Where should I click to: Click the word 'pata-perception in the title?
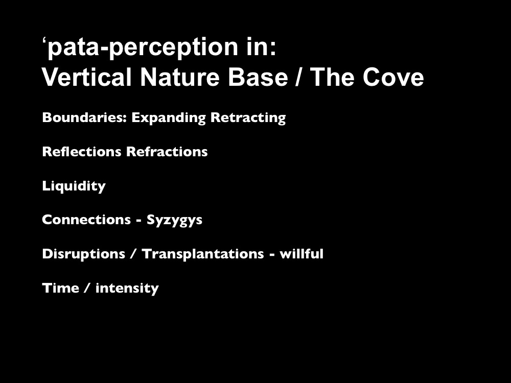(140, 47)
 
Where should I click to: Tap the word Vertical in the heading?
(87, 77)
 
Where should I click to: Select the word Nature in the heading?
(180, 78)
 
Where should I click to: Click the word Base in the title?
(258, 78)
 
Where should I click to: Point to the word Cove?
(393, 78)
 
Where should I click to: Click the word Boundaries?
(84, 117)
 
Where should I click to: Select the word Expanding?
(169, 118)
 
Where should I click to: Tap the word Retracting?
(248, 118)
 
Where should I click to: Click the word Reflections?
(82, 152)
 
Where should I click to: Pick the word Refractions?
(167, 152)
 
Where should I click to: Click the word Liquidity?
(74, 186)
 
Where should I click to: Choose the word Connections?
(86, 220)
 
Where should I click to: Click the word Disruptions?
(84, 254)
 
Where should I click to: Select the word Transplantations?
(203, 254)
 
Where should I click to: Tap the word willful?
(301, 254)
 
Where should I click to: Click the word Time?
(61, 288)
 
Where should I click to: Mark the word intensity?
(127, 289)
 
